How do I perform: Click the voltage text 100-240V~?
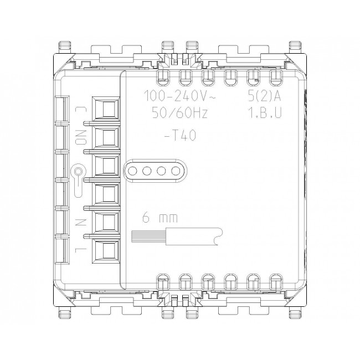[180, 96]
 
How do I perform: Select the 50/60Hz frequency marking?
[180, 113]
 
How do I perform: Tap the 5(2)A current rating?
[264, 96]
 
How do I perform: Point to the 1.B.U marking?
[265, 113]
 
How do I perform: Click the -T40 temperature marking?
[181, 135]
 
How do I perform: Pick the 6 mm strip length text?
[160, 217]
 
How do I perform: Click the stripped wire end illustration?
[177, 236]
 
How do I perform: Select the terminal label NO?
[81, 137]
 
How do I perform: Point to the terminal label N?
[81, 222]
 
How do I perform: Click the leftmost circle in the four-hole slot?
[132, 171]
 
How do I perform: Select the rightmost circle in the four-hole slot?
[176, 171]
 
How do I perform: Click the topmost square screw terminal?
[106, 109]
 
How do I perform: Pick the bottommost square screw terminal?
[106, 251]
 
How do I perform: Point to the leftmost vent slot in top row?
[163, 78]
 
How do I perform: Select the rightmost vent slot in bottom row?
[276, 282]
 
